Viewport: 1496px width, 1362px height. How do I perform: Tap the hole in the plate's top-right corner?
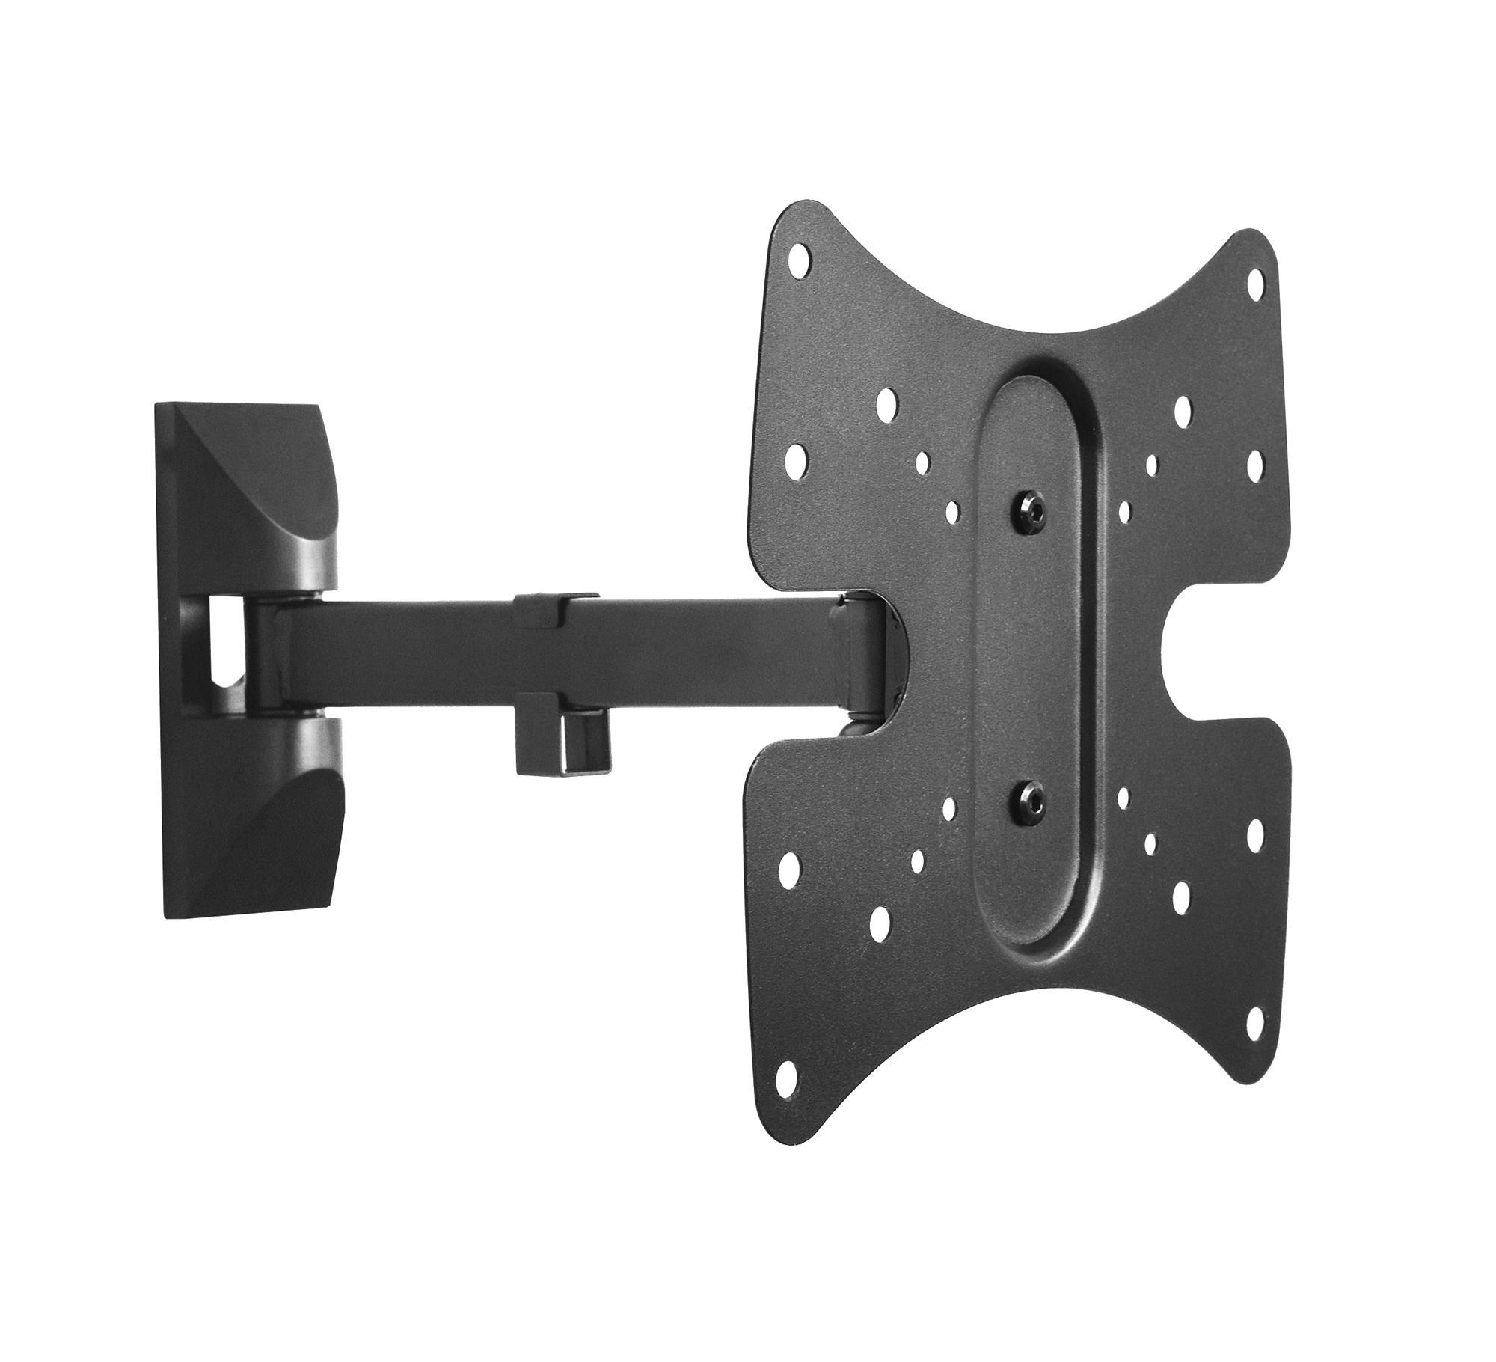click(x=1256, y=281)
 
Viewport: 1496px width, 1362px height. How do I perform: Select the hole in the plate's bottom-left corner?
click(x=787, y=1081)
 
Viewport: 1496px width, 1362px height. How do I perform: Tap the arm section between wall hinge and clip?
click(x=404, y=644)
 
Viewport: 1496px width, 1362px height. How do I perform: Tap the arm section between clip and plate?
click(x=711, y=644)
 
